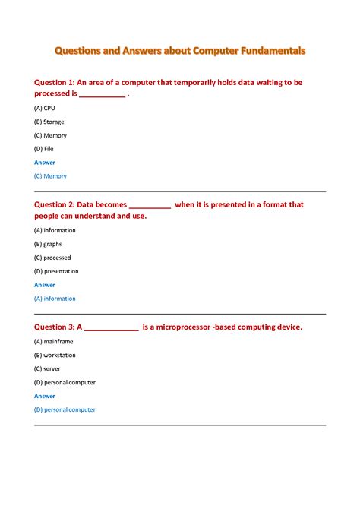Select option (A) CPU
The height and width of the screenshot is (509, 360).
tap(45, 109)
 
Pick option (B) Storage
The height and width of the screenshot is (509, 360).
tap(49, 122)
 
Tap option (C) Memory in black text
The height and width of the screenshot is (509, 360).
tap(50, 135)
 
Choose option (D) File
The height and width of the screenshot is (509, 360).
tap(44, 149)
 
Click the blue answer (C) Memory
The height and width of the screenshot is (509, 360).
tap(50, 176)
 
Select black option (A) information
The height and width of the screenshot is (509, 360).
tap(55, 230)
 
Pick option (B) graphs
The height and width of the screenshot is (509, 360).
tap(48, 244)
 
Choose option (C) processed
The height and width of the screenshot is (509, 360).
tap(52, 258)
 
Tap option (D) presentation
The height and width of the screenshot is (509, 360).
tap(56, 271)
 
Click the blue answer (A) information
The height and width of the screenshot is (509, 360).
tap(55, 299)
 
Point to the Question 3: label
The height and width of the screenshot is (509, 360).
tap(54, 327)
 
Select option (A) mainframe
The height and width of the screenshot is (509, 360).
tap(54, 342)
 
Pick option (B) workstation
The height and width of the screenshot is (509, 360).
tap(55, 355)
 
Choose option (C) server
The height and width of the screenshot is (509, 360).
tap(47, 368)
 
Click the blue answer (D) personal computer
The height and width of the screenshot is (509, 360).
tap(65, 409)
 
